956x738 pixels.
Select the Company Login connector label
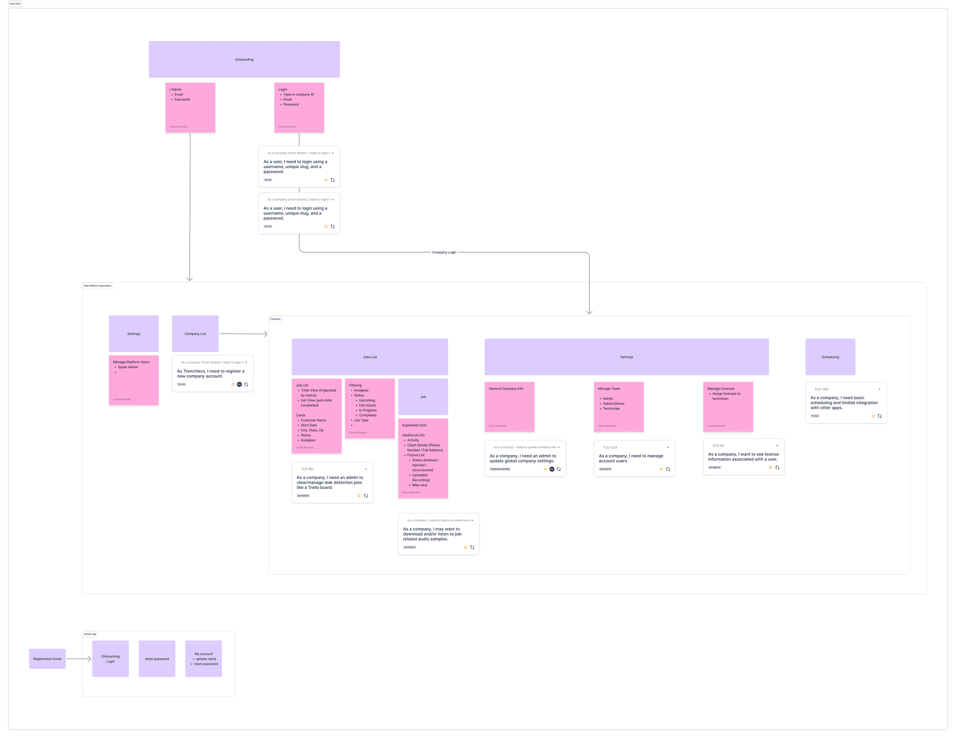click(444, 252)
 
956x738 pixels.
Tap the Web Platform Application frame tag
click(98, 286)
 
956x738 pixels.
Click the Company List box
click(195, 334)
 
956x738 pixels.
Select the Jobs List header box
click(369, 357)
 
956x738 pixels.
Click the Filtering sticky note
click(369, 408)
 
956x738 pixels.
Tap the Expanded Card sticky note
click(423, 458)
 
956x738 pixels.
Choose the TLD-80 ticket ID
click(307, 469)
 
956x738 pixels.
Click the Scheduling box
click(830, 357)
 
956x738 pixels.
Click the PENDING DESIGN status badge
click(500, 469)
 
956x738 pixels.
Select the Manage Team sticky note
click(618, 407)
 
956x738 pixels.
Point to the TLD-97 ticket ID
click(718, 446)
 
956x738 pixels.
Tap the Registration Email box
click(47, 659)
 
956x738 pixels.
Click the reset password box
click(157, 659)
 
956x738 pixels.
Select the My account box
click(203, 659)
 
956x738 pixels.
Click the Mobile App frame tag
click(90, 634)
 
